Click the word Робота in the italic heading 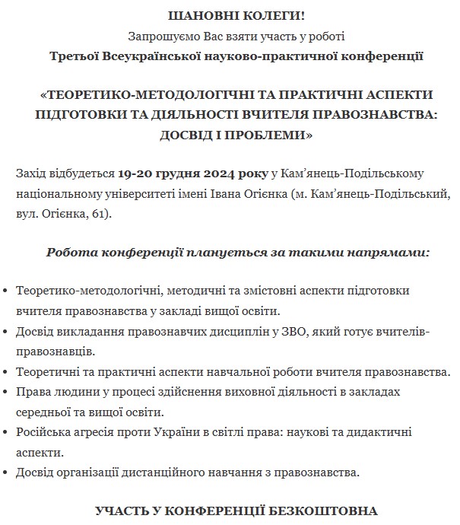click(x=69, y=252)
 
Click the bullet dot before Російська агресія click(x=7, y=432)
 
